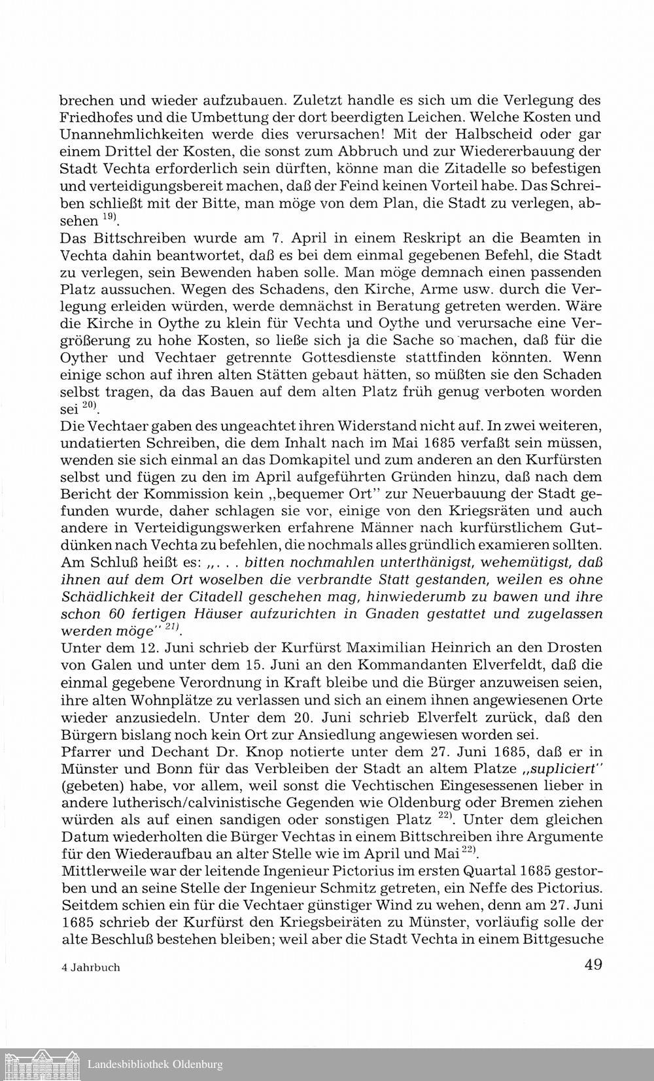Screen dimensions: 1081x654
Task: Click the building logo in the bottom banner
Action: click(41, 1064)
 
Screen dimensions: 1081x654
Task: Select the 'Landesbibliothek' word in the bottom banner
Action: click(128, 1065)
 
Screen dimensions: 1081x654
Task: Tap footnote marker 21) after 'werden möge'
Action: click(172, 628)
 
